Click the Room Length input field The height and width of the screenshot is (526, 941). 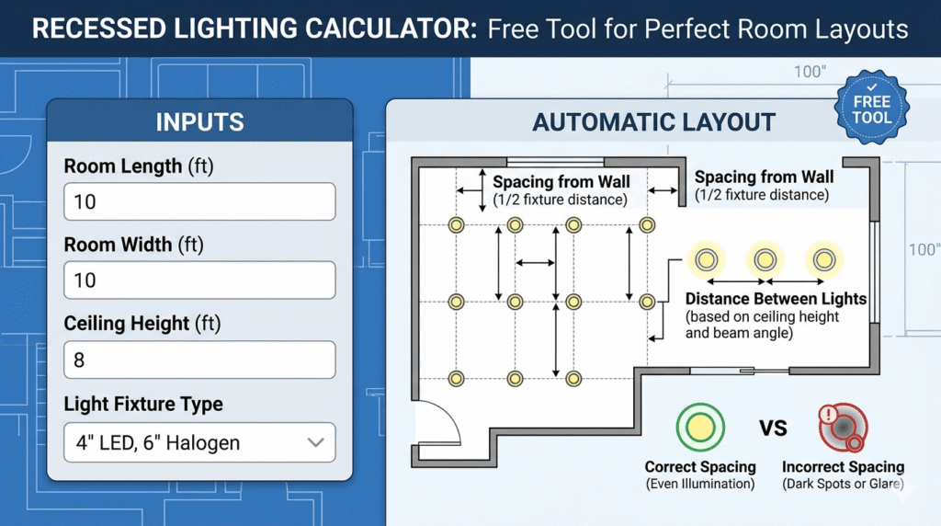[199, 201]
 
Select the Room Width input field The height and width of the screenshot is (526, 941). [199, 280]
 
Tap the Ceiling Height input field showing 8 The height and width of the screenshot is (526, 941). [199, 360]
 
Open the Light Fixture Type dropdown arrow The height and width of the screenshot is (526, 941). [316, 443]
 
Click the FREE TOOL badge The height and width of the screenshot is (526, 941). [872, 108]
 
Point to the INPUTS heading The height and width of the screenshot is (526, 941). [199, 122]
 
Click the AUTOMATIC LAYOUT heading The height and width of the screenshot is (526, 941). [654, 122]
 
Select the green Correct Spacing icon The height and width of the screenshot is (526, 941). [699, 427]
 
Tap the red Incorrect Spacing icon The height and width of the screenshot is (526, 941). [844, 427]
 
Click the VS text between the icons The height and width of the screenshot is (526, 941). [773, 429]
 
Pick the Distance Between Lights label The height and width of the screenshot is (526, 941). [776, 299]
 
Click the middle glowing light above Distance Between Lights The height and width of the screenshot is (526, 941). [765, 260]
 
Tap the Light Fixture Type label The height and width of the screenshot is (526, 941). [143, 404]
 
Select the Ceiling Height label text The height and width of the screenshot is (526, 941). [142, 324]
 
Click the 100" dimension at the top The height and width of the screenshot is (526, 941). [810, 72]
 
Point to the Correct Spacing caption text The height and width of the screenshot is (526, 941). [700, 466]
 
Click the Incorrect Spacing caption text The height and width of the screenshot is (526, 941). [844, 466]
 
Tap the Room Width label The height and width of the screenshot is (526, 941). [134, 245]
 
